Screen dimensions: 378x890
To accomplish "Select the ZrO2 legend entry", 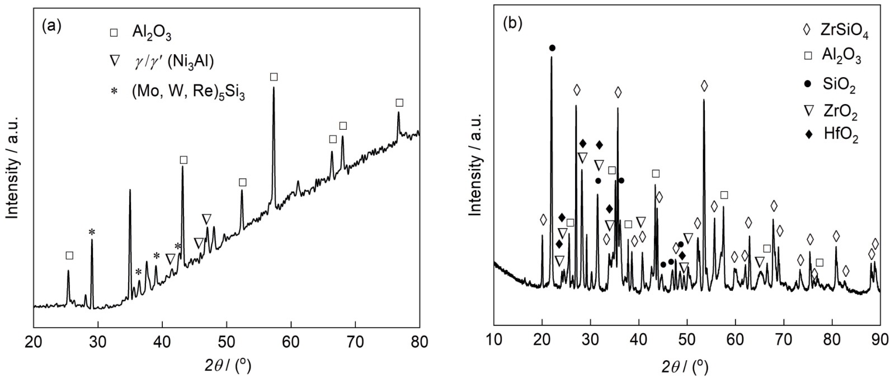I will pyautogui.click(x=839, y=112).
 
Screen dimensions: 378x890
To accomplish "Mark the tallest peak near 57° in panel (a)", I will pyautogui.click(x=274, y=88).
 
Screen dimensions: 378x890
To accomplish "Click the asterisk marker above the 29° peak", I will pyautogui.click(x=92, y=232).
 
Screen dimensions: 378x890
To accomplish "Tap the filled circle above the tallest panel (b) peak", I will pyautogui.click(x=552, y=48).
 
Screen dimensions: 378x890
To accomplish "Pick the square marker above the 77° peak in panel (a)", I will pyautogui.click(x=399, y=103).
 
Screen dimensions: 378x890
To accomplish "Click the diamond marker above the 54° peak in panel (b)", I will pyautogui.click(x=704, y=86).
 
